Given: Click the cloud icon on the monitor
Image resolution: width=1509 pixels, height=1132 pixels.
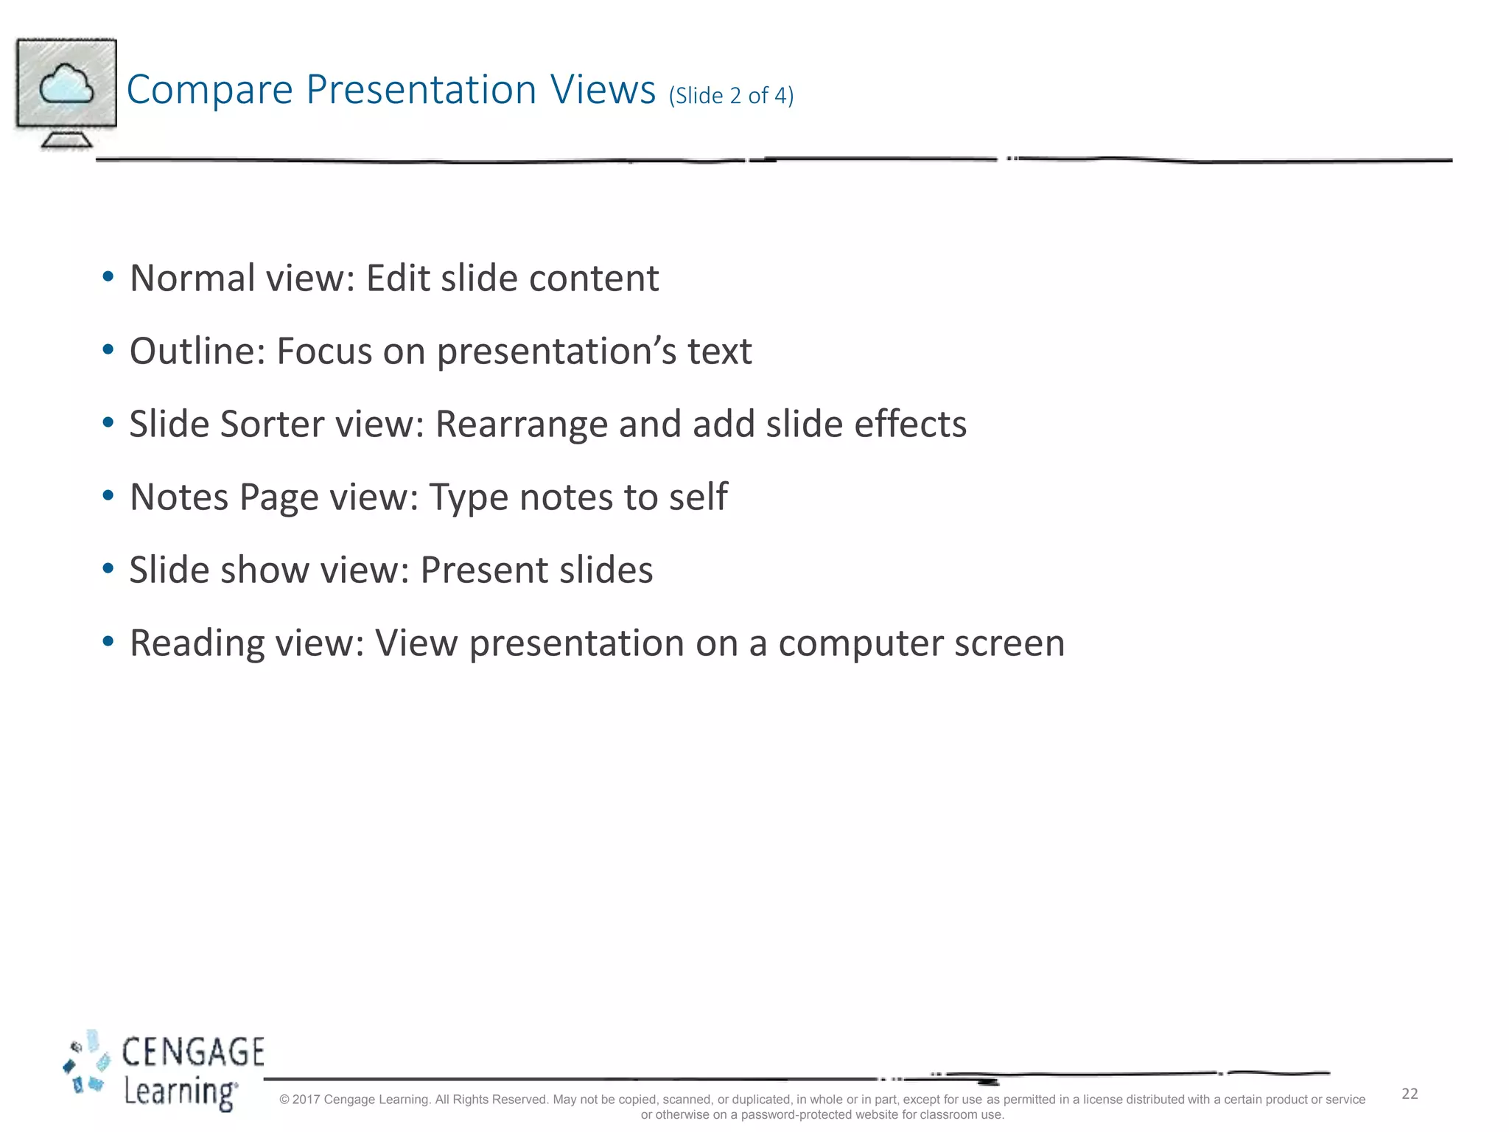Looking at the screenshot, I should pos(66,84).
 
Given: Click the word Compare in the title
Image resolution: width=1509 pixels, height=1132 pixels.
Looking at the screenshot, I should pos(210,91).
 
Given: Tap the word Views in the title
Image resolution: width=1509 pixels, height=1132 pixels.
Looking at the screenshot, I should pos(603,89).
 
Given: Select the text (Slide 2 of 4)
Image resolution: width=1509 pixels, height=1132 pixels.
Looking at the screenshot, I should pos(731,96).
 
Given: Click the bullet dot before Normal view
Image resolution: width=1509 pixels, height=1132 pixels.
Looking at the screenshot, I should pos(108,277).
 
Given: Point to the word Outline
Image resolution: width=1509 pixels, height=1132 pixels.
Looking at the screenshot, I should pos(197,351).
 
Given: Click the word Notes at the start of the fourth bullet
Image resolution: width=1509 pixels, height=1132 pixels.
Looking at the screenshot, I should pos(179,497).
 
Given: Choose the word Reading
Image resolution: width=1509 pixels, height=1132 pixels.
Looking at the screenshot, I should pos(197,643).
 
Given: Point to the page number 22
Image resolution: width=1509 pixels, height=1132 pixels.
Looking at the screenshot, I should pos(1410,1094).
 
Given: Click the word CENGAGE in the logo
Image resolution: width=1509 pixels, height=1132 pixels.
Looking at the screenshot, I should pos(192,1052).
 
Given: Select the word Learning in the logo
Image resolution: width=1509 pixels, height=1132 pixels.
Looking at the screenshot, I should pos(180,1091).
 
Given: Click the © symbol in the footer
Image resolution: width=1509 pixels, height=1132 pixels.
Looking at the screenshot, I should pos(284,1100).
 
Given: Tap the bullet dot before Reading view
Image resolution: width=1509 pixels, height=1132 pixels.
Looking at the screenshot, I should pos(108,642).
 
